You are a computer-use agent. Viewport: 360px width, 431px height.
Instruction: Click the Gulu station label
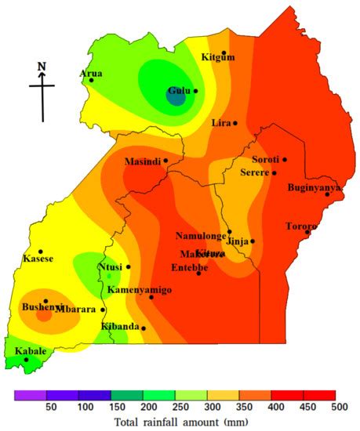tap(180, 91)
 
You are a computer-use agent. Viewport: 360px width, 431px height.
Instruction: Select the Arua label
tap(91, 73)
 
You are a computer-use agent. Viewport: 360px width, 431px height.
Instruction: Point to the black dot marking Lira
tap(235, 123)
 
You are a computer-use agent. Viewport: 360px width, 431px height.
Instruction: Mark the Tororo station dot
tap(308, 232)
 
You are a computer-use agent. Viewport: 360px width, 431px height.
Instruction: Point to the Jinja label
tap(238, 242)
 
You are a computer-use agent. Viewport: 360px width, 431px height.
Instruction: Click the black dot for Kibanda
tap(144, 328)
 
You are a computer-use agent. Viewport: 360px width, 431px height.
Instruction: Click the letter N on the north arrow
tap(42, 67)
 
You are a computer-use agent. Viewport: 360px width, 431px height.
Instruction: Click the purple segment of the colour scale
tap(30, 395)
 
